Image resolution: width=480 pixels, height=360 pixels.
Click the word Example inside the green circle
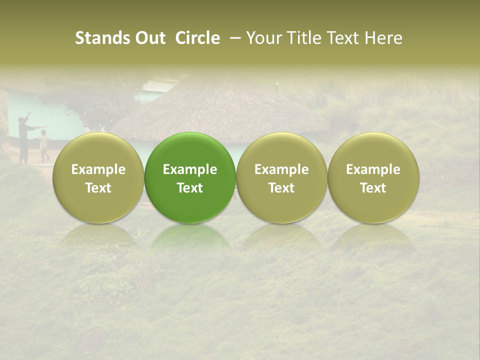(190, 169)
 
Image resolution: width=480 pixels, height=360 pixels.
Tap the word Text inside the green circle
(190, 188)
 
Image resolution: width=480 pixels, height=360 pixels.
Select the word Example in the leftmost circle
(98, 169)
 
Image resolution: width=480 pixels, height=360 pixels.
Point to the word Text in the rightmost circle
(373, 188)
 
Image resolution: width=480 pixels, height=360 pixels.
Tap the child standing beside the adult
(44, 145)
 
